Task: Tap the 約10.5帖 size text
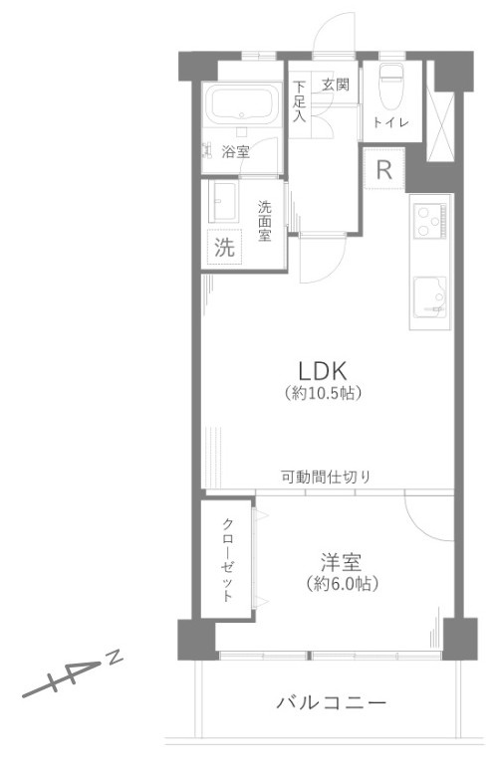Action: [321, 392]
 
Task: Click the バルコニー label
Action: [330, 703]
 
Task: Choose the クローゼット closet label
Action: [228, 559]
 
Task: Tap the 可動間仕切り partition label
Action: [325, 477]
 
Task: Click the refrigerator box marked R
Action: [384, 169]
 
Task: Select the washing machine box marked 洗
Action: [225, 248]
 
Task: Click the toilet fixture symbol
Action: [388, 84]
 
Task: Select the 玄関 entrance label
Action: [334, 85]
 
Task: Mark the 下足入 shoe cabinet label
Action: [299, 100]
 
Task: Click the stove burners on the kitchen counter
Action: [430, 219]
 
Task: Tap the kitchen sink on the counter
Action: [431, 295]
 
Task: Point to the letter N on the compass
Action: [116, 657]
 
